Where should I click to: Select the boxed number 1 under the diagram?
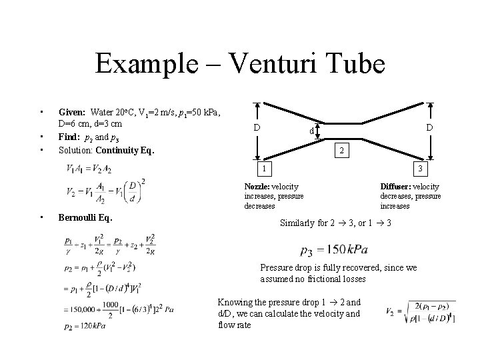click(264, 167)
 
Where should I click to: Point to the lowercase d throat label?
click(311, 131)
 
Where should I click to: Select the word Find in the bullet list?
click(69, 137)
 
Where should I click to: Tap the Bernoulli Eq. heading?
click(85, 217)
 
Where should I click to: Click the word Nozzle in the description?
click(257, 186)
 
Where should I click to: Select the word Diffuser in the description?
click(397, 186)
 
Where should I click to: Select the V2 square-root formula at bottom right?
click(419, 312)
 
